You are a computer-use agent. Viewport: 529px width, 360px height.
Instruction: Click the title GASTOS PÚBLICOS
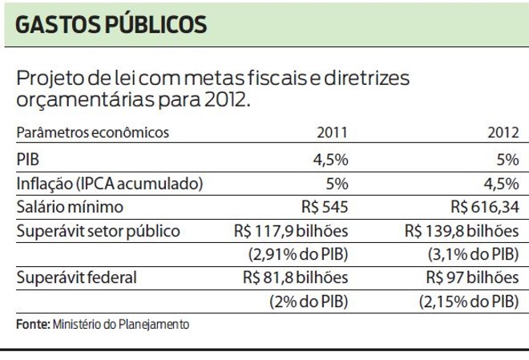coord(111,24)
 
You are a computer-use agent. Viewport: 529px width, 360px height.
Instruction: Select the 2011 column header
coord(333,133)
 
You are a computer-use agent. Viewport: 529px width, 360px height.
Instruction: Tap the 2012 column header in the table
coord(503,133)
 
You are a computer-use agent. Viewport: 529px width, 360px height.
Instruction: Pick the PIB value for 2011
coord(330,159)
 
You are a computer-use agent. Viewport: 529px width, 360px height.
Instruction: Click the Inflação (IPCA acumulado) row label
coord(109,183)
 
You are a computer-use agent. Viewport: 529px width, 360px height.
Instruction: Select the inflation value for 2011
coord(337,183)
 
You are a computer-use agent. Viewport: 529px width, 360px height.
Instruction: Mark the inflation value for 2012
coord(501,183)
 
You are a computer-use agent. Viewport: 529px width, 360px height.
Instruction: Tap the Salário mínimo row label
coord(70,207)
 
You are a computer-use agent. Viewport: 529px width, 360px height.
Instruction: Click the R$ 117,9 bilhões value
coord(292,231)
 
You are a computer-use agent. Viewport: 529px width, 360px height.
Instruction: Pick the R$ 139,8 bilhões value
coord(462,231)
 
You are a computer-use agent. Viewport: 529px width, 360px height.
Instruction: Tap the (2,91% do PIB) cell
coord(297,255)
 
